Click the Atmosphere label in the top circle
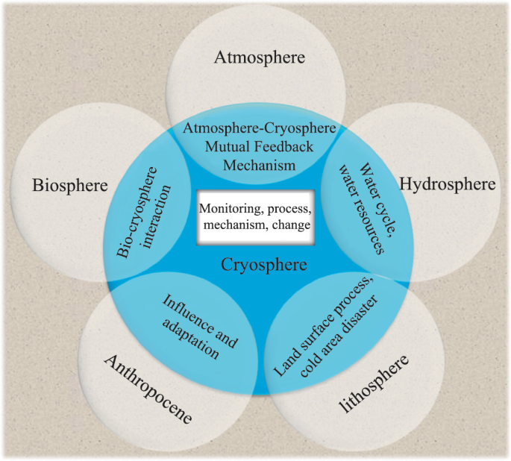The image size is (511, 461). coord(256,57)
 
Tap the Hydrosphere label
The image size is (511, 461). coord(448,184)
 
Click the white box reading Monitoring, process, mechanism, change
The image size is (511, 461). coord(254,216)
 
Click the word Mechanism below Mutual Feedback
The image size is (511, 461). coord(255,163)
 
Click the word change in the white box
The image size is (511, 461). coord(293,224)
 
